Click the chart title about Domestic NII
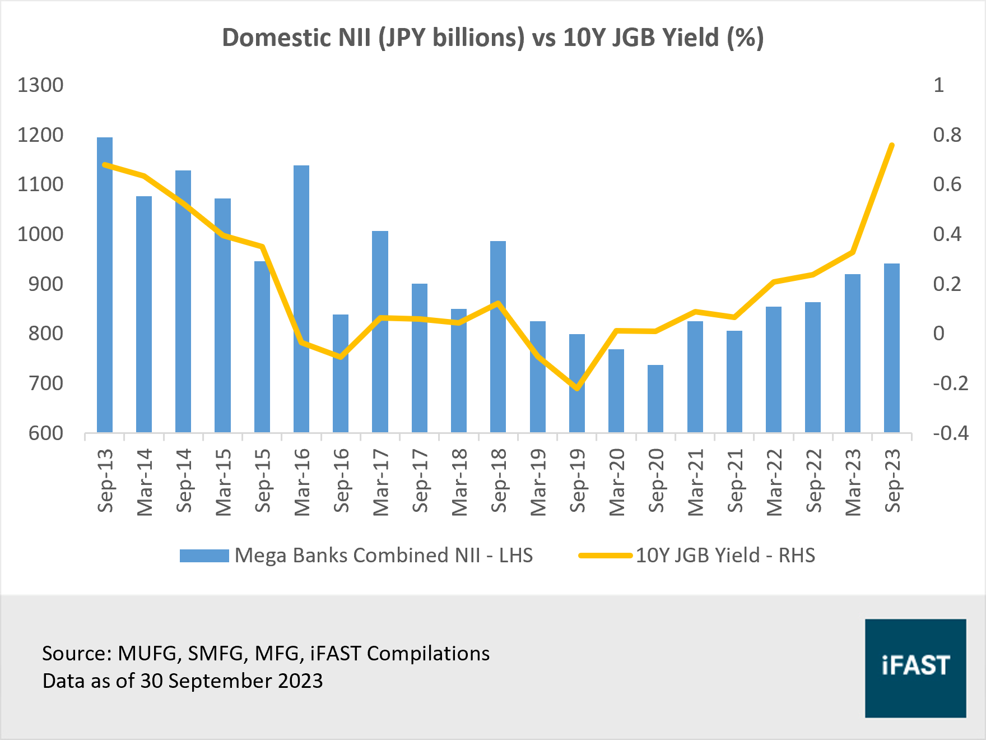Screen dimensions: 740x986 coord(492,38)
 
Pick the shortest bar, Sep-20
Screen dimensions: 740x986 coord(655,399)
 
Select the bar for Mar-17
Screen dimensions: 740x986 coord(380,331)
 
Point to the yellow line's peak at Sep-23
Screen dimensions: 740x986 coord(892,145)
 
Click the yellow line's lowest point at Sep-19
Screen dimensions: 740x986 coord(577,388)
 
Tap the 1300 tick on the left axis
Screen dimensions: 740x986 coord(40,85)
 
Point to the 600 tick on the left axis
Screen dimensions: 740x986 coord(46,433)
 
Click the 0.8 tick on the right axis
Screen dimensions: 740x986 coord(947,135)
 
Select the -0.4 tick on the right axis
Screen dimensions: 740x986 coord(950,433)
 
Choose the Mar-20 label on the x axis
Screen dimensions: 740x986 coord(616,482)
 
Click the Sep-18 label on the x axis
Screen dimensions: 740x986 coord(498,480)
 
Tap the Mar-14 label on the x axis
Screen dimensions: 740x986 coord(144,482)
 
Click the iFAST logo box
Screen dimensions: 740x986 coord(915,668)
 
